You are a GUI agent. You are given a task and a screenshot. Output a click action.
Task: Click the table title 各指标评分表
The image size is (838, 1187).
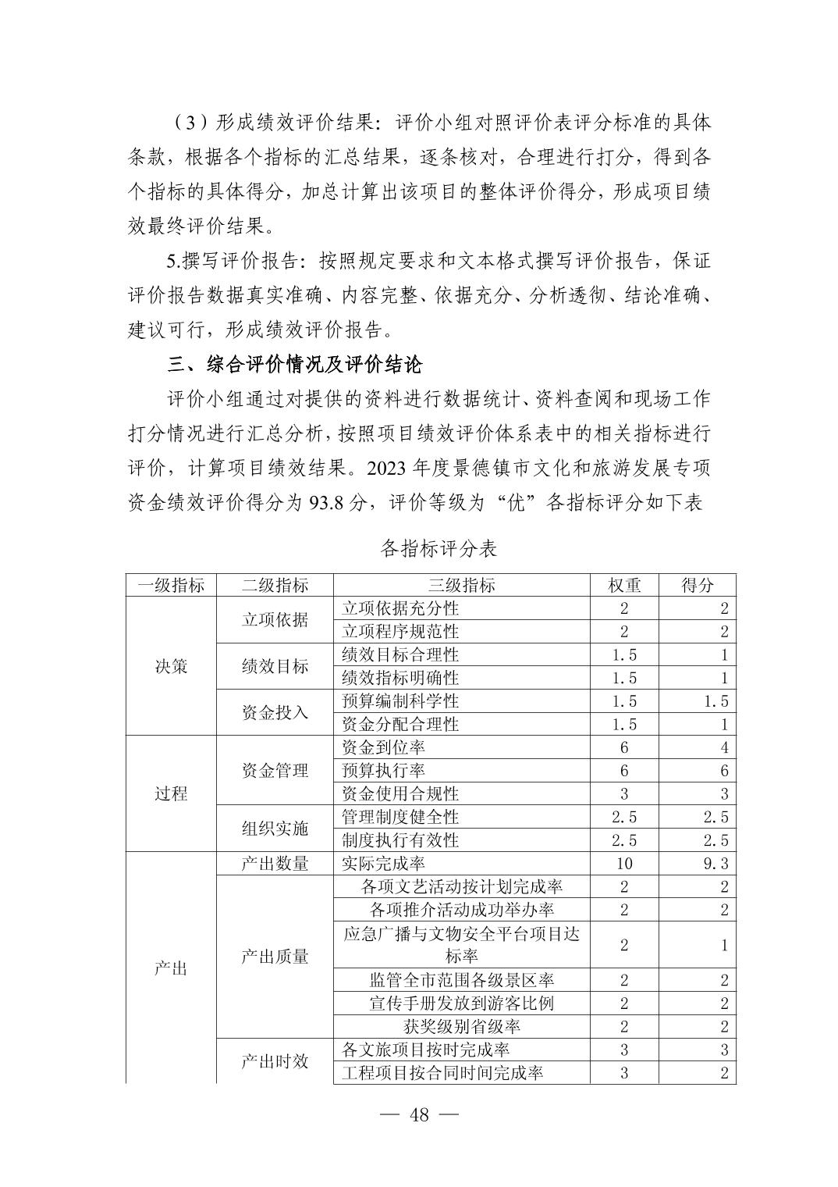(x=439, y=548)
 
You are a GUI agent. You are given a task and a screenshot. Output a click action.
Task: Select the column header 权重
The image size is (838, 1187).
(x=624, y=585)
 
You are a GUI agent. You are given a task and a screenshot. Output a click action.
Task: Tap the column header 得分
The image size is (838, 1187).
(x=697, y=585)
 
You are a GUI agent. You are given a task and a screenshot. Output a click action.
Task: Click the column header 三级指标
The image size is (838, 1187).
(x=461, y=585)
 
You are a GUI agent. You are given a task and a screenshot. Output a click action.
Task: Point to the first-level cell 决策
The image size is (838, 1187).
(x=171, y=666)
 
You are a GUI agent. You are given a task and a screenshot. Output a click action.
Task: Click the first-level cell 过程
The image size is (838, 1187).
(x=171, y=793)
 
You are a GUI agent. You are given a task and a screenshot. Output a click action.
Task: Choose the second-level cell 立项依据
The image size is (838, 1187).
(x=275, y=619)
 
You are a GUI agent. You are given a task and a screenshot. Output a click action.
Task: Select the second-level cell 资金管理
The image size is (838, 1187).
(x=275, y=771)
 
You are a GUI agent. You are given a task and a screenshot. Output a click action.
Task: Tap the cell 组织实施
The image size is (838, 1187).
(x=275, y=829)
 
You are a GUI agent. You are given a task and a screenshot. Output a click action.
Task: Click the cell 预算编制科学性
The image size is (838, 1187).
(x=400, y=701)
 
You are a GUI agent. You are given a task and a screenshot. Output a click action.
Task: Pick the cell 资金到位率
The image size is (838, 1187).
(x=384, y=747)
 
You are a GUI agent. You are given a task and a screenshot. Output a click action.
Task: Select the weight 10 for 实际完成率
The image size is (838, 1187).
(x=624, y=863)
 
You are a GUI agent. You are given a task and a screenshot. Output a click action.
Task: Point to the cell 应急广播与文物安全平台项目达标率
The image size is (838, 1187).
(x=461, y=945)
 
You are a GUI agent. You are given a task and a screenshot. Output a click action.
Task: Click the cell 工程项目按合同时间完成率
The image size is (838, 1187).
(x=442, y=1073)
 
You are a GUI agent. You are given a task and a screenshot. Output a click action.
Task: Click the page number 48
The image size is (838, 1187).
(x=419, y=1115)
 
